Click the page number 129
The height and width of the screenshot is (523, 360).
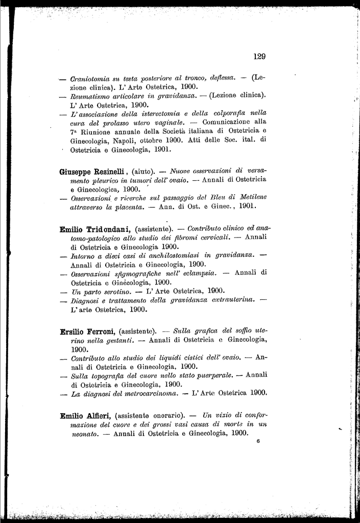[x=259, y=57]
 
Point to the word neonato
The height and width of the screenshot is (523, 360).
[x=84, y=433]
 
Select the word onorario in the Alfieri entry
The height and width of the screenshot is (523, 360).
[x=167, y=416]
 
